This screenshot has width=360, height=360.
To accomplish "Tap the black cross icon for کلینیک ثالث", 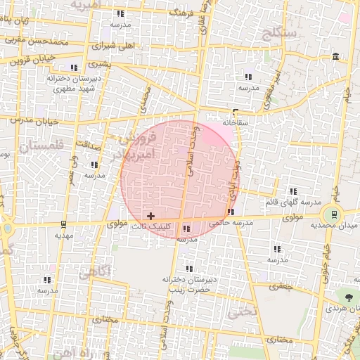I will (x=150, y=215).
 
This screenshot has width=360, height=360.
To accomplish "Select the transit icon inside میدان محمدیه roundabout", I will (x=333, y=214).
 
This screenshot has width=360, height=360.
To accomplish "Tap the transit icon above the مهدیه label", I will (x=64, y=224).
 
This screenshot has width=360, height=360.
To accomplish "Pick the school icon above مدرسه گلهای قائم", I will (x=293, y=191).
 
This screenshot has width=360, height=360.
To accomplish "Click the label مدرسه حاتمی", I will (x=230, y=223).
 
